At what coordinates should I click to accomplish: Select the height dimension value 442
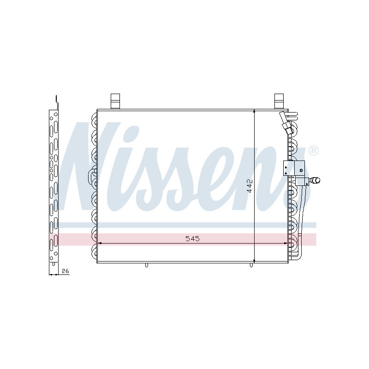pos(250,185)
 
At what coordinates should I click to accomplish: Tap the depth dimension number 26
pos(65,271)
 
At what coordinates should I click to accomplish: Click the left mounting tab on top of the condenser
pos(115,100)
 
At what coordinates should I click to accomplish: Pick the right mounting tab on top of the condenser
pos(279,100)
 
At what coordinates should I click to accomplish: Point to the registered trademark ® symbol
pos(313,151)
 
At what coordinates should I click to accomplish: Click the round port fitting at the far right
pos(316,181)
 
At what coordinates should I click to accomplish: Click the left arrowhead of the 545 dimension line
pos(99,243)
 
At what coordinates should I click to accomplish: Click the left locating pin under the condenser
pos(146,265)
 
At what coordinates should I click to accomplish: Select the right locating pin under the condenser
pos(252,265)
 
